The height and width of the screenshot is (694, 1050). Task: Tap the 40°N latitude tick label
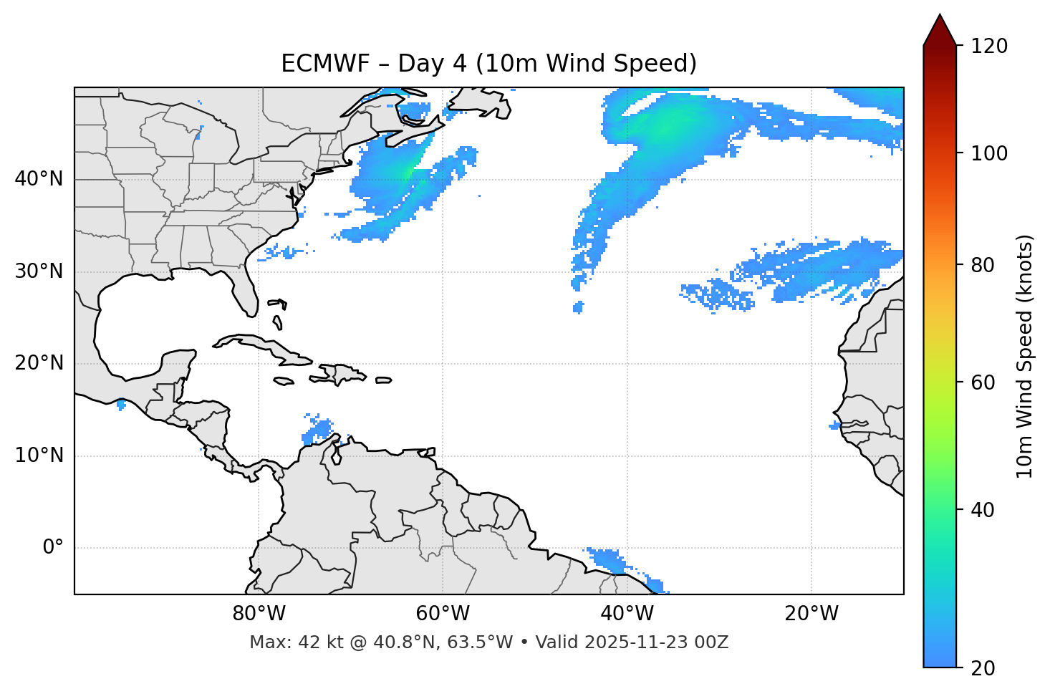[39, 178]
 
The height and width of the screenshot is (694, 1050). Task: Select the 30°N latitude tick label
[39, 271]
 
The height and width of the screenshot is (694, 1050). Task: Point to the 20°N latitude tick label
[39, 363]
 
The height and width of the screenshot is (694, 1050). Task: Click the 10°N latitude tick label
[39, 456]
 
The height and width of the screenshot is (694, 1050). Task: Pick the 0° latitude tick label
[52, 548]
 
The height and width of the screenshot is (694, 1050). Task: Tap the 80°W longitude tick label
[259, 614]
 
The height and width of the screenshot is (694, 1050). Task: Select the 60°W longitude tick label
[443, 614]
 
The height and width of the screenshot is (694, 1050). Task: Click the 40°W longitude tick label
[627, 614]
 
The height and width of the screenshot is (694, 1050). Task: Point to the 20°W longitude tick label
[811, 614]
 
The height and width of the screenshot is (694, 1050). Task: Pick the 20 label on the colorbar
[983, 668]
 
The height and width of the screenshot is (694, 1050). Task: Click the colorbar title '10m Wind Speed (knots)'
[1025, 356]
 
